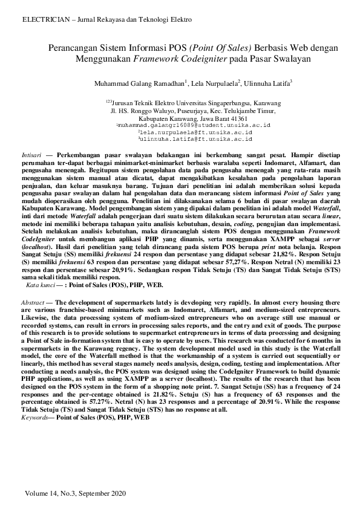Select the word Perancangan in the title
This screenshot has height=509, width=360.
(71, 48)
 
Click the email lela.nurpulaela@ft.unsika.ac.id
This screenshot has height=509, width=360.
(196, 132)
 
